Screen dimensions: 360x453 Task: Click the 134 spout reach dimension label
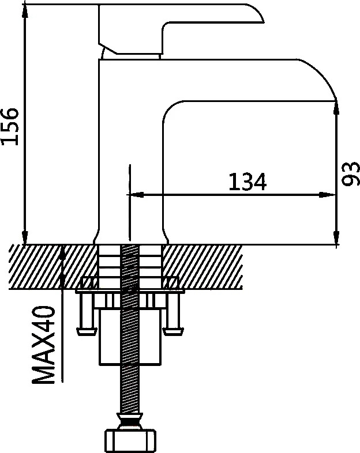[x=247, y=182]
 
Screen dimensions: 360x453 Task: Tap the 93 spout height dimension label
[x=350, y=173]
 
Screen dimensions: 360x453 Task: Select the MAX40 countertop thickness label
[x=44, y=345]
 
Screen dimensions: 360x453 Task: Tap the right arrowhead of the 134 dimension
[x=327, y=195]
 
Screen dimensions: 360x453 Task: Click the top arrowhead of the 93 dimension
[x=336, y=108]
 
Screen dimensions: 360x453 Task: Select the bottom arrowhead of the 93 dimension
[x=336, y=237]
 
